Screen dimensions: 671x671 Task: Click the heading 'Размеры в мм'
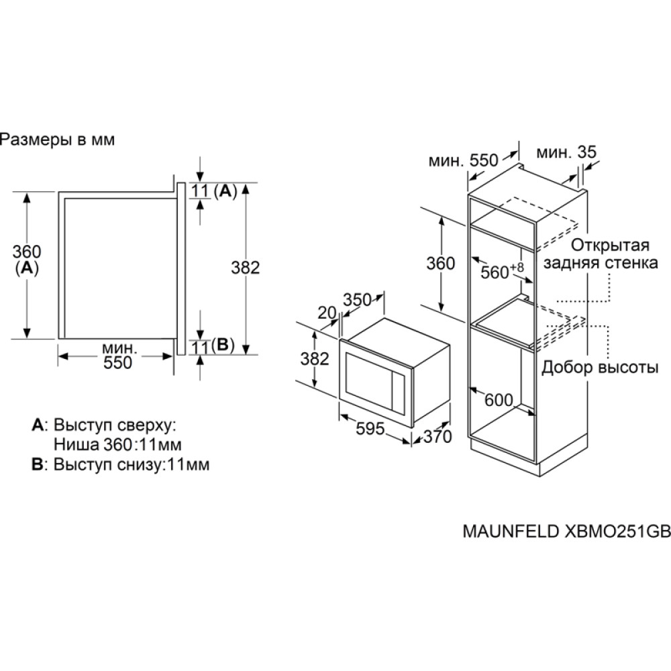[57, 140]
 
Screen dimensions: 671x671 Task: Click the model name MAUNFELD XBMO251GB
[566, 531]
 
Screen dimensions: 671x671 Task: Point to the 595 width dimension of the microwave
[370, 428]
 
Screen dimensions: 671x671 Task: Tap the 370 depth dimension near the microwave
[437, 437]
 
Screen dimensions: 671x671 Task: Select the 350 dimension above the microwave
[358, 299]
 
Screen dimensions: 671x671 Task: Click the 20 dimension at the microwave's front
[327, 313]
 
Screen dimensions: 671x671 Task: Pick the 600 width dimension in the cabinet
[499, 400]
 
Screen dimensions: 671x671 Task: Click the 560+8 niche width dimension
[501, 271]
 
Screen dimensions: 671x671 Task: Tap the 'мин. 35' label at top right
[566, 152]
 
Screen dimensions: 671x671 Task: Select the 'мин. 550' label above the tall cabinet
[464, 160]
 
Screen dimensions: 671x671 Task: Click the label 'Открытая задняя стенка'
[601, 254]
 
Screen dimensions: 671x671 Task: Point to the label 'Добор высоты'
[600, 367]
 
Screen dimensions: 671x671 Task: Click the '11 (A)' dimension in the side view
[214, 191]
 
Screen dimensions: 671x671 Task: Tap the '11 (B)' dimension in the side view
[213, 346]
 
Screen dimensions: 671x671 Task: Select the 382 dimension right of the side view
[246, 268]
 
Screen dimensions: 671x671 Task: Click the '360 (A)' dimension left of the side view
[27, 259]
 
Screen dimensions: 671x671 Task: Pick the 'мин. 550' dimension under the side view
[117, 356]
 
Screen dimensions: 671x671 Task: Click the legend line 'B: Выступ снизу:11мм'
[121, 464]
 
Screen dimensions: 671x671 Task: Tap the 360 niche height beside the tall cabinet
[441, 263]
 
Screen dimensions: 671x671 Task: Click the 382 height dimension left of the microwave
[315, 358]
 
